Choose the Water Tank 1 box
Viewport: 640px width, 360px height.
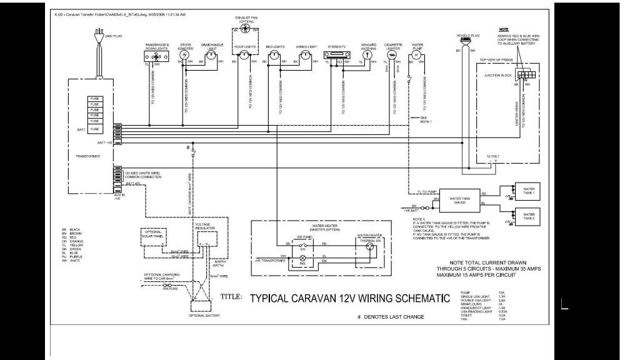[x=528, y=191]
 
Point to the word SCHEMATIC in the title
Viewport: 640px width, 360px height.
[x=409, y=297]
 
